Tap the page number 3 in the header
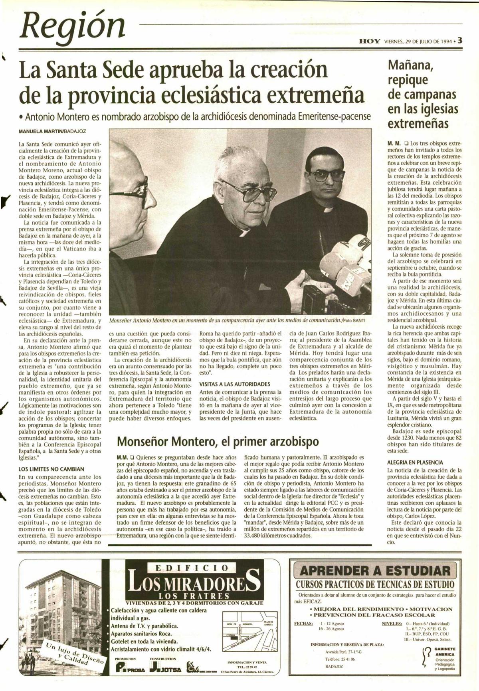click(x=460, y=40)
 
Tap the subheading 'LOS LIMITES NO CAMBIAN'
click(x=51, y=469)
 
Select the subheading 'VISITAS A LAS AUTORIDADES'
click(x=235, y=384)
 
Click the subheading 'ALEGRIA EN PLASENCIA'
click(x=415, y=462)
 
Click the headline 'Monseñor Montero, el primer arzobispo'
click(x=218, y=442)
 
